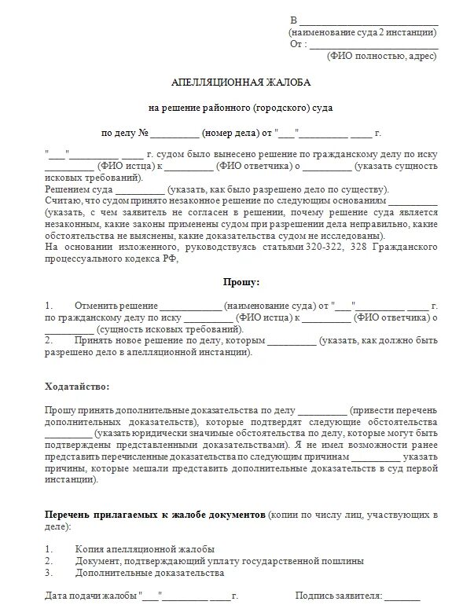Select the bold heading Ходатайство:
coord(78,387)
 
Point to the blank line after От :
coord(373,44)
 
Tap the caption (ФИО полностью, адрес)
coord(383,57)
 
